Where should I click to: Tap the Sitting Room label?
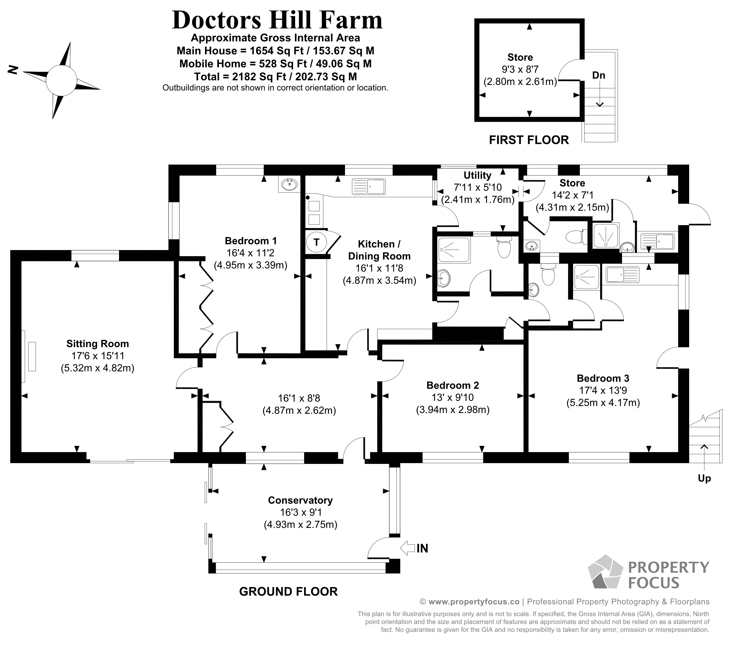click(x=98, y=344)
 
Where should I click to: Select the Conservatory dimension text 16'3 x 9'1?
click(x=301, y=512)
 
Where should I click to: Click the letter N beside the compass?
click(x=13, y=70)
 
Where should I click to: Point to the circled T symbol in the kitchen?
click(x=316, y=242)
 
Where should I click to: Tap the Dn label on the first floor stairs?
click(x=599, y=75)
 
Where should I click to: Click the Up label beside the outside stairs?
click(x=704, y=478)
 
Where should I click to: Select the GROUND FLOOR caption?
click(x=288, y=592)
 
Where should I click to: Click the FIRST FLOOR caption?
click(x=529, y=140)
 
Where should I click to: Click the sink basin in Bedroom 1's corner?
click(x=289, y=185)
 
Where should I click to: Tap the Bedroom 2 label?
click(x=452, y=385)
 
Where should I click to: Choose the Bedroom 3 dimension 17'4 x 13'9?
click(x=603, y=390)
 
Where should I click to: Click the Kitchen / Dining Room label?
click(x=379, y=250)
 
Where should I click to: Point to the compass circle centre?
click(x=61, y=81)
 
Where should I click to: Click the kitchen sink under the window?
click(x=369, y=187)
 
